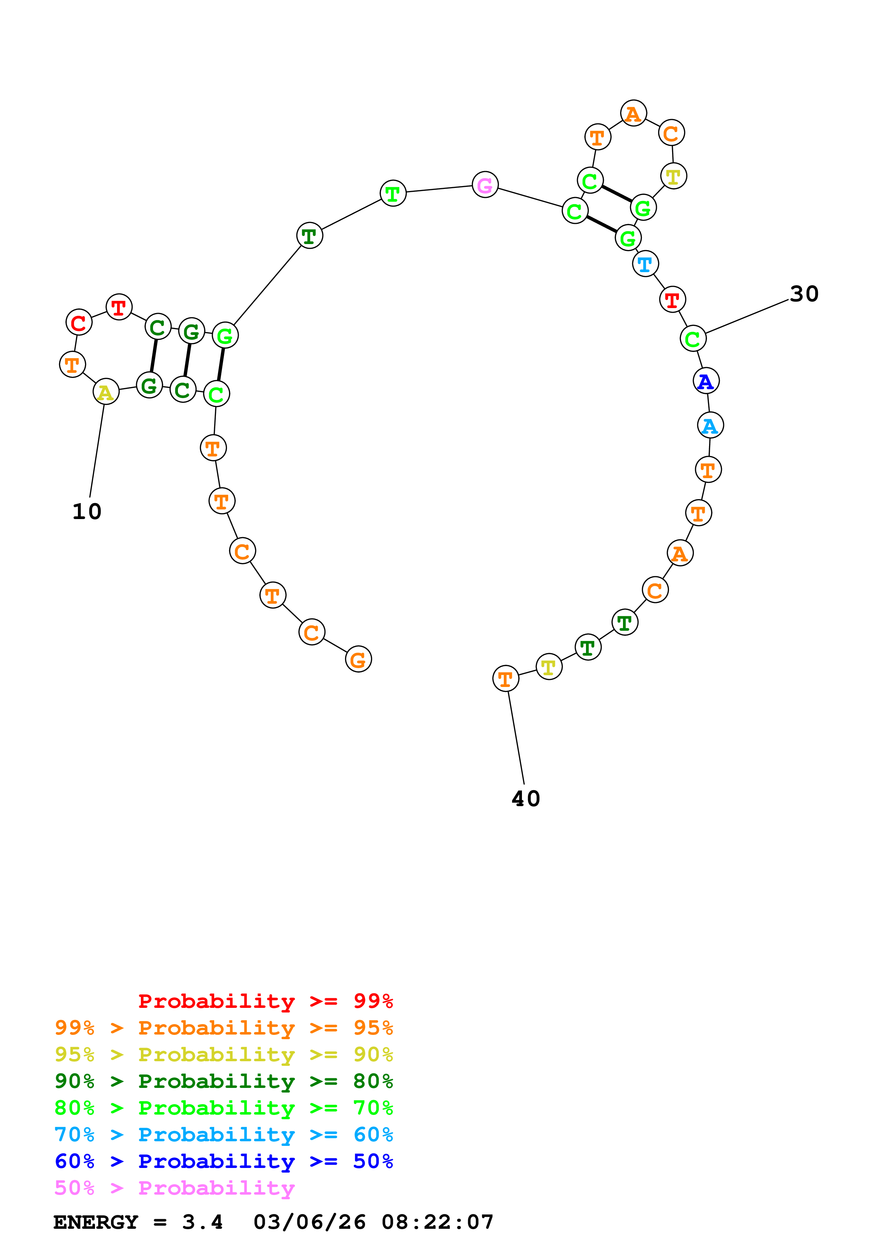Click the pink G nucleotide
tap(485, 185)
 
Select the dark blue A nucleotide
tap(706, 381)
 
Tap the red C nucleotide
tap(79, 323)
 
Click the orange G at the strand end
tap(358, 659)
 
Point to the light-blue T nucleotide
tap(645, 264)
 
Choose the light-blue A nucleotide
tap(710, 425)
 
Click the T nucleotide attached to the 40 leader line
tap(505, 679)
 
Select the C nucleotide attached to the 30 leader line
tap(693, 339)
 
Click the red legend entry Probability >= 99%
tap(265, 1001)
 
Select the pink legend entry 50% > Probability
tap(174, 1188)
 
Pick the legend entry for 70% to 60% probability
tap(223, 1135)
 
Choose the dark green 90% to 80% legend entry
tap(223, 1081)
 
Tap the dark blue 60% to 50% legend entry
tap(223, 1161)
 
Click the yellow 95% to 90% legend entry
tap(223, 1054)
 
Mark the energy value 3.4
tap(202, 1222)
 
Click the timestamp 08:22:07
tap(438, 1222)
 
